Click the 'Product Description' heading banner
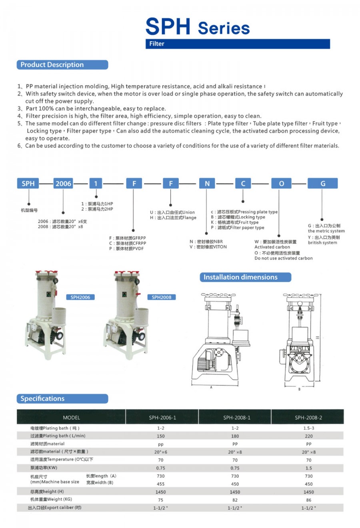click(x=62, y=65)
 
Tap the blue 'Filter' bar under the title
click(x=238, y=44)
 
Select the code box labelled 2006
click(x=63, y=184)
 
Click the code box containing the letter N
click(x=207, y=184)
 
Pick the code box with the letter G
click(x=322, y=184)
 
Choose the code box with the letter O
click(x=281, y=184)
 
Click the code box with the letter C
click(x=243, y=184)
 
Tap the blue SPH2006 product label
click(x=80, y=297)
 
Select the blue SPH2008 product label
click(x=162, y=297)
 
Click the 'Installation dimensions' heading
click(x=245, y=277)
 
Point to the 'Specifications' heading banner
click(x=62, y=399)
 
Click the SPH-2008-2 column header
click(x=308, y=418)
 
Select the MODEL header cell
click(x=71, y=418)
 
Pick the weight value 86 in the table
click(x=308, y=500)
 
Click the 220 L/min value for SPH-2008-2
click(x=308, y=436)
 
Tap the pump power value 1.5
click(x=308, y=468)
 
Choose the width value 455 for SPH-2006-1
click(x=161, y=484)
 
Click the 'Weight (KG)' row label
click(x=51, y=500)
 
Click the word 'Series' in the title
click(x=224, y=28)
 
